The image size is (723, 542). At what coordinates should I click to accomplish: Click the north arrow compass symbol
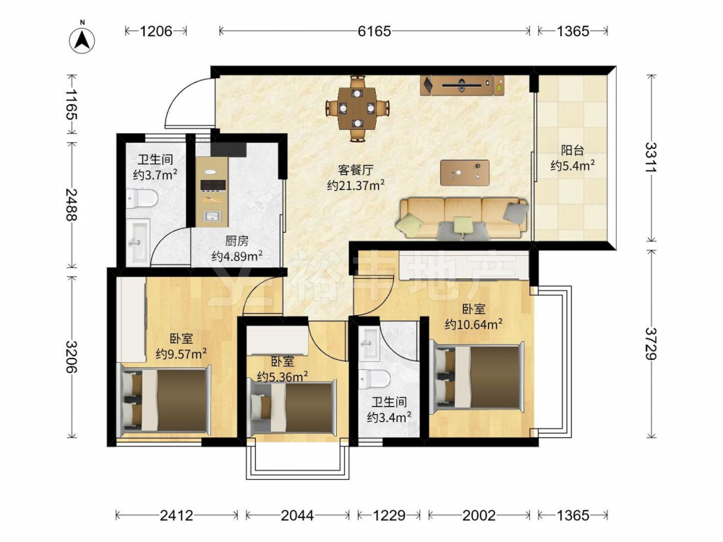point(82,39)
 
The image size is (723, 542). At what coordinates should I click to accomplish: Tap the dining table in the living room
point(357,108)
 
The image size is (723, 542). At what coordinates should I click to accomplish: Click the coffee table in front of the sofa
point(464,173)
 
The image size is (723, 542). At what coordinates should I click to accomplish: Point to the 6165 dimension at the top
point(374,31)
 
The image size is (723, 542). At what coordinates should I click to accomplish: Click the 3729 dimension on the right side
point(651,343)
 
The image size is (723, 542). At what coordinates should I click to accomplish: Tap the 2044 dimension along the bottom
point(297,515)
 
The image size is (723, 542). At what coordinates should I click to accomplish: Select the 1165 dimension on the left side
point(71,104)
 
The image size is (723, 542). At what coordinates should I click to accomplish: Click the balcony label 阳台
point(572,150)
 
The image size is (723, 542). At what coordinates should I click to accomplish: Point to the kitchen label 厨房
point(237,241)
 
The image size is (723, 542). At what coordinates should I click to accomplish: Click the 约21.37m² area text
point(356,186)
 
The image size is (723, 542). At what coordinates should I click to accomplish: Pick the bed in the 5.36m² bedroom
point(291,407)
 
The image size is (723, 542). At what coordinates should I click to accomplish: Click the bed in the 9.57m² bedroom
point(165,398)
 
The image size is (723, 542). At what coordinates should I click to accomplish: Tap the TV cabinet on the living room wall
point(462,85)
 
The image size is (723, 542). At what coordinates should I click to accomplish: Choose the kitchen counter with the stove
point(212,192)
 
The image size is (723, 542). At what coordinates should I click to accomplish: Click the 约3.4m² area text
point(389,418)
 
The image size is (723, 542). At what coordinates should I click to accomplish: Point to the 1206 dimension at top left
point(156,31)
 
